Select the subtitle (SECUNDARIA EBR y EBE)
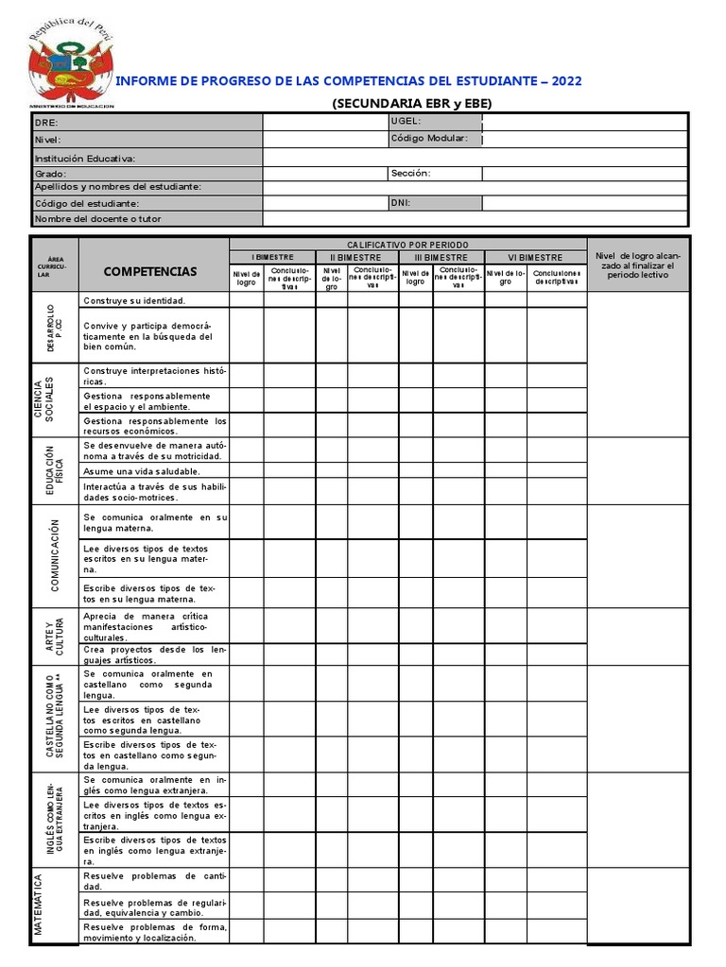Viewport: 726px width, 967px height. (x=412, y=104)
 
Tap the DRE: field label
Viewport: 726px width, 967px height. (x=46, y=122)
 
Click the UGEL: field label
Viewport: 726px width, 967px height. (x=406, y=121)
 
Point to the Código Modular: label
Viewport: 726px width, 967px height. (x=428, y=138)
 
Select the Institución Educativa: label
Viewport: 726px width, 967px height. (x=85, y=159)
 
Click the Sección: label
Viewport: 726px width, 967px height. (x=410, y=173)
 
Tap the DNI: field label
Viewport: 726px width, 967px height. (x=400, y=202)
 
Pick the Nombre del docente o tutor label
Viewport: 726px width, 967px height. (x=98, y=219)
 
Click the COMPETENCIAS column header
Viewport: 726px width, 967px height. (x=150, y=272)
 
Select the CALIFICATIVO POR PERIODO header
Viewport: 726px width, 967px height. (x=407, y=245)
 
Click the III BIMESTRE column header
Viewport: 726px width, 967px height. (x=441, y=257)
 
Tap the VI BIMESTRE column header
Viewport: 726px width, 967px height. (x=535, y=257)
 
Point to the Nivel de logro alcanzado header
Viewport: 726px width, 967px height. (x=637, y=265)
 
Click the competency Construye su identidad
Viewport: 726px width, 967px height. (x=134, y=300)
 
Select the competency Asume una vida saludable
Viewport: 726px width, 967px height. (x=141, y=470)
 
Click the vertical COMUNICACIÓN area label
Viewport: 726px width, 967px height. (x=55, y=555)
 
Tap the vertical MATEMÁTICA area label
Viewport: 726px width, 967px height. (x=40, y=905)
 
